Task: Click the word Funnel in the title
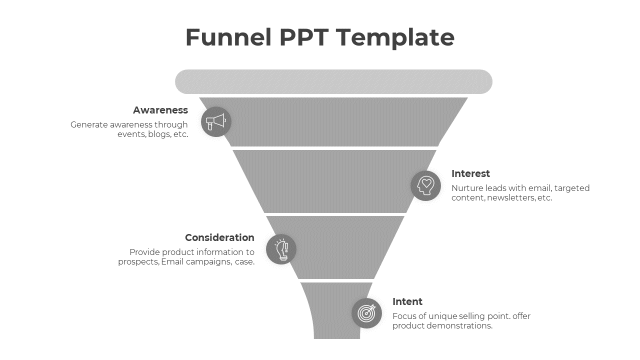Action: pos(228,37)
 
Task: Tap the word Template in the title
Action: pos(395,37)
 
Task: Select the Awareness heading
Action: pos(160,110)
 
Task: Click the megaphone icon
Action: pos(216,121)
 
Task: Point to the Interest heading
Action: pos(470,173)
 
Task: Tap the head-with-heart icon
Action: pos(425,185)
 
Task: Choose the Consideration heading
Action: pos(219,237)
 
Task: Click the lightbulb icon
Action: pos(281,249)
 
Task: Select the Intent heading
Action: pos(407,301)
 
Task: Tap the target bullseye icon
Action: pos(366,313)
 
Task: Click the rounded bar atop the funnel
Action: pos(333,81)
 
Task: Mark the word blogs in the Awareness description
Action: pos(159,134)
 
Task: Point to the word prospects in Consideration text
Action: pos(138,261)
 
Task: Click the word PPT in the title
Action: pos(303,37)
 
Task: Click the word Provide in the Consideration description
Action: pos(144,252)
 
